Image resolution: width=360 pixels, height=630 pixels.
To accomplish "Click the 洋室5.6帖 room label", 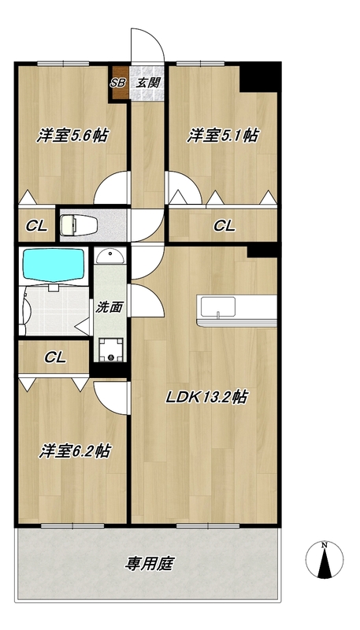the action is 72,135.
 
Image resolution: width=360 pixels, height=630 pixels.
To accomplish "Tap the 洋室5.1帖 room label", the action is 222,135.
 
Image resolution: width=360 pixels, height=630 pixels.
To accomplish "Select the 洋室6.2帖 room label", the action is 75,451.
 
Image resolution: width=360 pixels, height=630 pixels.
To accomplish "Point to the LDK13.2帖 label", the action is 207,398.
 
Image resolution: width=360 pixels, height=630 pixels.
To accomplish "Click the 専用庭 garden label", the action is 149,564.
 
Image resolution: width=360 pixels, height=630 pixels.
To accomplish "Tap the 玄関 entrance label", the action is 148,83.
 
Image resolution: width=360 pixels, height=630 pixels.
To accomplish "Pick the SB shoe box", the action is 118,83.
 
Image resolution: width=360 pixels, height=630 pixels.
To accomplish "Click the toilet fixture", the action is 79,224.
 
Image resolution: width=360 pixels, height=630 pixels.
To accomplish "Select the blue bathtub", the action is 54,264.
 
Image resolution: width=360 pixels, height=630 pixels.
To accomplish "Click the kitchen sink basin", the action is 218,307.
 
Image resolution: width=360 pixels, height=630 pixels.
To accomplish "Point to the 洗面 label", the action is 109,307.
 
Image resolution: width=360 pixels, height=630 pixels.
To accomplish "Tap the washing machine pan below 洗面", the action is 110,349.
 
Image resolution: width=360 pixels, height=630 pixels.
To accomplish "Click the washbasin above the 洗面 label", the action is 110,256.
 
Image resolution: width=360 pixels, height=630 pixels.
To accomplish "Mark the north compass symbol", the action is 325,560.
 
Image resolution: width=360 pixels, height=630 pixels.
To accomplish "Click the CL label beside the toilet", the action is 37,226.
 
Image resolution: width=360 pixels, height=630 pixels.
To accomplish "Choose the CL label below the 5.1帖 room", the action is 225,226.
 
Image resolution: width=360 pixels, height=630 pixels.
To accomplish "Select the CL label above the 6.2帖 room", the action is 55,357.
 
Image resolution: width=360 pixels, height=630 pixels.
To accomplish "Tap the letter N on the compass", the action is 325,545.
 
